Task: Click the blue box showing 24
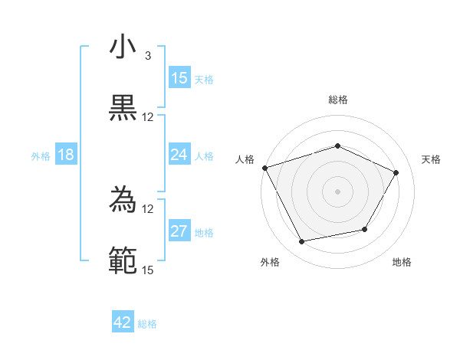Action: coord(179,155)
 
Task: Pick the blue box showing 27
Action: coord(179,232)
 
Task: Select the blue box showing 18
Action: coord(66,155)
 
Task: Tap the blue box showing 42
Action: coord(123,323)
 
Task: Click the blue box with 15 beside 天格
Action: coord(179,78)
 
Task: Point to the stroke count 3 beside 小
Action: coord(147,55)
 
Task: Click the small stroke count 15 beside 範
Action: coord(147,270)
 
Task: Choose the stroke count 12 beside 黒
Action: coord(147,116)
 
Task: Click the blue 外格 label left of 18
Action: coord(41,156)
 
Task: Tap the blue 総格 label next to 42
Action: coord(147,324)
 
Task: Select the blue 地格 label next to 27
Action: coord(204,233)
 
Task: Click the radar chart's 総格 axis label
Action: coord(338,100)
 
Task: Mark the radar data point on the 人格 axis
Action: coord(264,168)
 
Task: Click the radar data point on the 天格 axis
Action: coord(396,172)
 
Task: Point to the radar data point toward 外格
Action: coord(302,242)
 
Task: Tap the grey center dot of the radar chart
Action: coord(338,191)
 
